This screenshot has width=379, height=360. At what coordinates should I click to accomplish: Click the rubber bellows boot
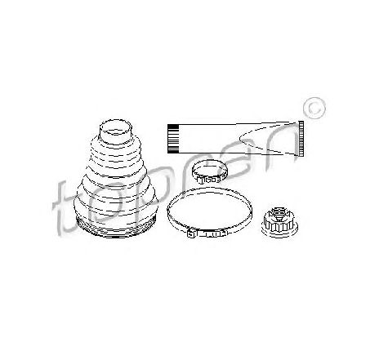click(x=116, y=180)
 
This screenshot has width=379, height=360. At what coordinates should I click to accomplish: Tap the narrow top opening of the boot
click(x=116, y=127)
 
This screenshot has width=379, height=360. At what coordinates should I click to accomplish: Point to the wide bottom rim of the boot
click(x=116, y=227)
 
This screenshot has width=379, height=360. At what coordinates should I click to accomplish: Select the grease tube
click(x=235, y=139)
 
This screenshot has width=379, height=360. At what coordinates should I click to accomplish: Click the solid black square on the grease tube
click(x=172, y=127)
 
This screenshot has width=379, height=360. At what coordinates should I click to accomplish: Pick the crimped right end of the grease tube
click(x=301, y=139)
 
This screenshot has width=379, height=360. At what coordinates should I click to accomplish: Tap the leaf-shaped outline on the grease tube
click(x=268, y=139)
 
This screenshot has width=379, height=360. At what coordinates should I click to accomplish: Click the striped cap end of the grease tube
click(x=172, y=139)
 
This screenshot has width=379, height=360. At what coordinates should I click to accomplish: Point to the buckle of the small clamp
click(x=210, y=180)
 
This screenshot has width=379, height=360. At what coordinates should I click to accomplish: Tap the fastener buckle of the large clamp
click(x=207, y=233)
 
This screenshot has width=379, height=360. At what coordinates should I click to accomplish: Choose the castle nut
click(x=279, y=222)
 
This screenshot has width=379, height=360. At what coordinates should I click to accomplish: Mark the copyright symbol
click(x=314, y=109)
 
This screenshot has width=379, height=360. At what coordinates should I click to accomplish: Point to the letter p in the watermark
click(x=153, y=190)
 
